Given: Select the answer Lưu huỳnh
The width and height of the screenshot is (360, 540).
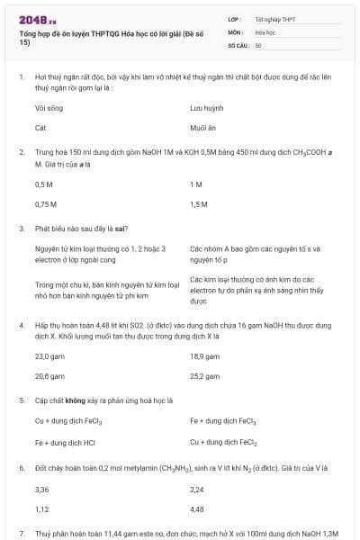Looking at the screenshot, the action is pos(206,107).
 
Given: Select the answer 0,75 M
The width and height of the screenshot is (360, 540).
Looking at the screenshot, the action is pos(46,204).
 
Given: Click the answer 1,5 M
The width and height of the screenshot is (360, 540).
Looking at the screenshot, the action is pos(199,204).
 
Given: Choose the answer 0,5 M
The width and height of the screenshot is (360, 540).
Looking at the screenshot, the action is pos(44,184).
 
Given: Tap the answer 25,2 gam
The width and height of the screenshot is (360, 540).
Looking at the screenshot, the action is pos(204,376).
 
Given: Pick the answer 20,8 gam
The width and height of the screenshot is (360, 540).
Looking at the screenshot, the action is pos(49,376).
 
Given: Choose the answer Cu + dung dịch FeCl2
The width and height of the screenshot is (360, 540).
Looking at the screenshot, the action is pos(223,442).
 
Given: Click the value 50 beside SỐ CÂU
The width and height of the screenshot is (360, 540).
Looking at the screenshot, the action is pos(258,44).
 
